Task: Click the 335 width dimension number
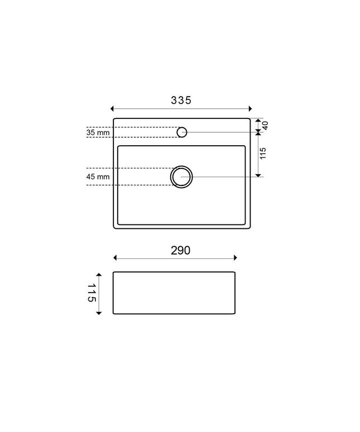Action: click(x=181, y=100)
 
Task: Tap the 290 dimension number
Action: click(x=180, y=251)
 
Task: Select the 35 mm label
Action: click(x=98, y=132)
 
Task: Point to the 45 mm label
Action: click(x=98, y=176)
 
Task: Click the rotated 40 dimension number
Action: click(x=265, y=126)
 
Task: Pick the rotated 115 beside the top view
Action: click(x=263, y=153)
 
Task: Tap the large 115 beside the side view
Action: click(x=92, y=293)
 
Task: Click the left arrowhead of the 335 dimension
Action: click(x=112, y=108)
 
